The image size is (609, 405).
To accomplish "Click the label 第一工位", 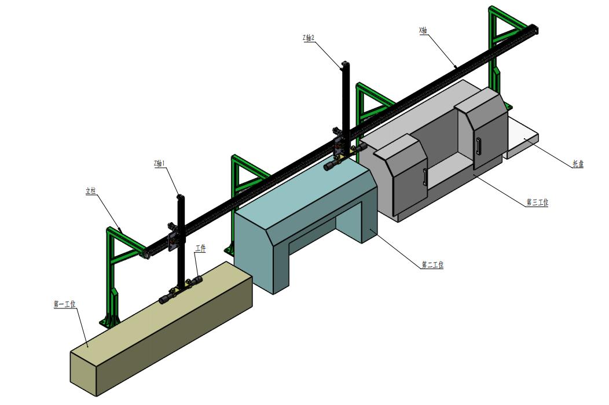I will tap(65, 303).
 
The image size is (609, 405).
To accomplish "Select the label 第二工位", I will tap(432, 265).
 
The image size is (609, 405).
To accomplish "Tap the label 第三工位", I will tap(537, 203).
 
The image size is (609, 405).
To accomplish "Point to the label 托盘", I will tap(577, 164).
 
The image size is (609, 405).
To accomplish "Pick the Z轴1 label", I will tap(160, 164).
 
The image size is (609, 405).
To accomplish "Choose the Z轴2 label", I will tap(308, 38).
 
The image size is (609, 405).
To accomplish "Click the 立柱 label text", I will tap(90, 191).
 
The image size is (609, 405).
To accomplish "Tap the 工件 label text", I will tap(200, 248).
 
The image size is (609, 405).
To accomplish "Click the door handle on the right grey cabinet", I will tap(478, 145).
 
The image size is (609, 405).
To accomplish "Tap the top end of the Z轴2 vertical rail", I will tap(345, 64).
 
